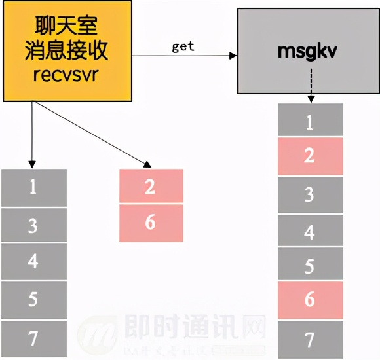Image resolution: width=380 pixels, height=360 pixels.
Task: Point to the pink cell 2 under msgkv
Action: click(x=310, y=156)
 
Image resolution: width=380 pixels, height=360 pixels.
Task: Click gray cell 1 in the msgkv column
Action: click(x=310, y=121)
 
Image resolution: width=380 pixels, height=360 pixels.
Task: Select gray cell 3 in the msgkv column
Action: click(x=310, y=194)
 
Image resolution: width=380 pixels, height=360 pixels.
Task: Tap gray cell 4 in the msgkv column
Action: click(x=310, y=232)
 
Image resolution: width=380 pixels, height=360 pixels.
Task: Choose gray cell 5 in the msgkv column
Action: click(x=310, y=266)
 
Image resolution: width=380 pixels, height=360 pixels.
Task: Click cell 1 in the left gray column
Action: click(x=33, y=187)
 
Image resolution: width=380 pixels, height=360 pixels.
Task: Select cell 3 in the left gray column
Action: click(x=33, y=226)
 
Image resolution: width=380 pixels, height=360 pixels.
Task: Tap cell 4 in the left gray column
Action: click(x=33, y=262)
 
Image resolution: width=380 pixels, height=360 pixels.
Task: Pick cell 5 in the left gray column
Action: click(x=33, y=300)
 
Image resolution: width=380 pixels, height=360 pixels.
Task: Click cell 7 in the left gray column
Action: click(x=33, y=338)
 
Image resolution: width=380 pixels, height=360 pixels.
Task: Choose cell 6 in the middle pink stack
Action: click(x=151, y=223)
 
